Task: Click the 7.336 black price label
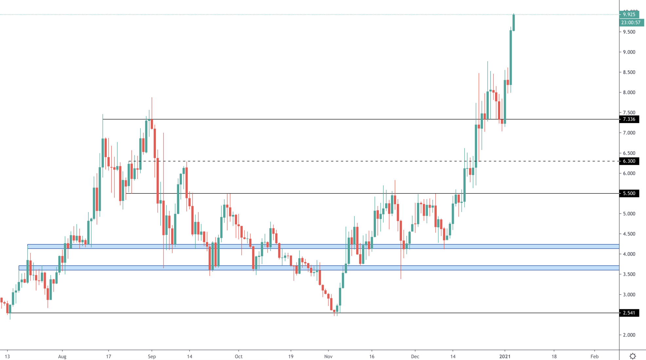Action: [x=629, y=119]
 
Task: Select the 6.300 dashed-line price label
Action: [x=629, y=161]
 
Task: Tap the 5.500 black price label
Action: [x=629, y=193]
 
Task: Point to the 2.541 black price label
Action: [x=629, y=313]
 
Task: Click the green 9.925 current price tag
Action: [x=629, y=14]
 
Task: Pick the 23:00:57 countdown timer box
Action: [x=631, y=23]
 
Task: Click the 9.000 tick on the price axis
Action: [x=629, y=52]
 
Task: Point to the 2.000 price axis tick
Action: [x=629, y=335]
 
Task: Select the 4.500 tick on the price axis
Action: [x=629, y=234]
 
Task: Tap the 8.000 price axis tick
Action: [x=629, y=93]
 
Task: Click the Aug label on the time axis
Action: [x=62, y=356]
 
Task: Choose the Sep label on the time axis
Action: [x=152, y=356]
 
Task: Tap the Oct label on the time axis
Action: [x=238, y=356]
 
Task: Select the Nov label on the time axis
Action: [x=328, y=356]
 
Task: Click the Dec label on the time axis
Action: [x=415, y=356]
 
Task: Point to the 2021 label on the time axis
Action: [x=505, y=356]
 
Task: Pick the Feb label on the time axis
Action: [x=595, y=356]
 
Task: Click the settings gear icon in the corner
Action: [x=633, y=356]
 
